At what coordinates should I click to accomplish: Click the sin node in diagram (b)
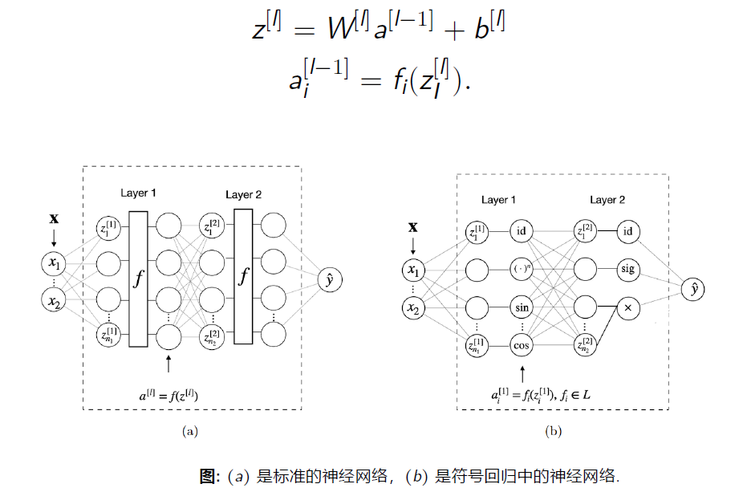tap(522, 307)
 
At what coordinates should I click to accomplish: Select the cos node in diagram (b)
tap(522, 344)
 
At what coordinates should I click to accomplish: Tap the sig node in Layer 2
tap(627, 269)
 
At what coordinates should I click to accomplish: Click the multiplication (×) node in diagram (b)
tap(627, 307)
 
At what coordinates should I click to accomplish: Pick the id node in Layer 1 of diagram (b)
tap(522, 232)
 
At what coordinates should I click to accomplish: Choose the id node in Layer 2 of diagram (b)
tap(627, 232)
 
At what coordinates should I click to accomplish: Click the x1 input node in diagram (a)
tap(54, 262)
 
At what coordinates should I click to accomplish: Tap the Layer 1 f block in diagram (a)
tap(138, 279)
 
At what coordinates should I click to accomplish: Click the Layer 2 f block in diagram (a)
tap(244, 279)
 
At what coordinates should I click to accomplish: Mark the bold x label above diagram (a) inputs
tap(54, 218)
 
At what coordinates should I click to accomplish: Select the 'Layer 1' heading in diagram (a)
tap(139, 193)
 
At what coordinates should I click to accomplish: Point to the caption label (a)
tap(190, 432)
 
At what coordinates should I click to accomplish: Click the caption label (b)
tap(554, 432)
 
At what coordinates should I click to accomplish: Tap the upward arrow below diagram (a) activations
tap(168, 363)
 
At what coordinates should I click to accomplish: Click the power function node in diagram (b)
tap(522, 270)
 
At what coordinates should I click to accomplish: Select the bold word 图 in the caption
tap(208, 475)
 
